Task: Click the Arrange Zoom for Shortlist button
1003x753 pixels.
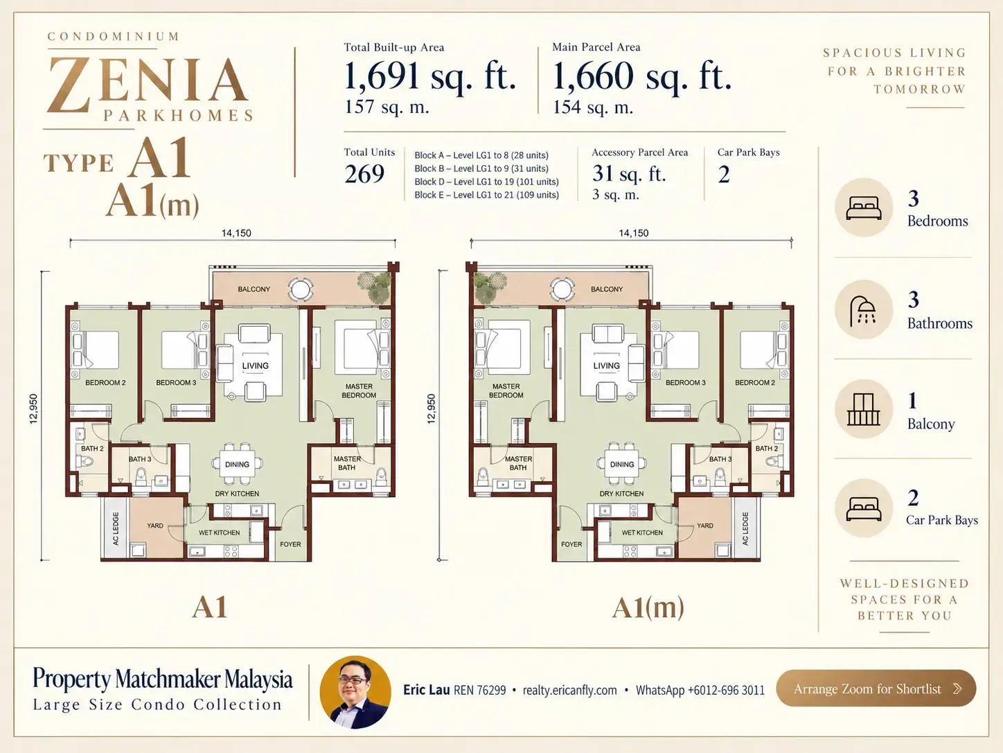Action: click(876, 688)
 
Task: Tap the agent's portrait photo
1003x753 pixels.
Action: click(355, 692)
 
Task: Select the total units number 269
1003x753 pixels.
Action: click(364, 174)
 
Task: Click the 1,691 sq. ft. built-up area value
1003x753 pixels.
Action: click(430, 76)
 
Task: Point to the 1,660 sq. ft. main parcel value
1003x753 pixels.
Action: click(642, 76)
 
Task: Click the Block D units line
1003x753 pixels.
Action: click(486, 182)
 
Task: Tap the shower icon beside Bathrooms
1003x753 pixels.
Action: click(862, 311)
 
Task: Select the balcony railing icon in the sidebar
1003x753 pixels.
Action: click(863, 409)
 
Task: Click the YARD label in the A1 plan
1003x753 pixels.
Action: click(155, 526)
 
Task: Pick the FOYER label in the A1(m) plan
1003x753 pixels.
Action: click(571, 544)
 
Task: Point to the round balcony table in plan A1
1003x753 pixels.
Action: click(301, 289)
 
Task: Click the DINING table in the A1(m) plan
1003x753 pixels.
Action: click(622, 464)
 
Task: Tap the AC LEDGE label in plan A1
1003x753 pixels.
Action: click(115, 528)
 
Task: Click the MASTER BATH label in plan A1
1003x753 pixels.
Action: click(347, 462)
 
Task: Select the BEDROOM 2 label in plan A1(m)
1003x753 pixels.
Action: click(754, 382)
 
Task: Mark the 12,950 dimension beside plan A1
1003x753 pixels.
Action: click(33, 408)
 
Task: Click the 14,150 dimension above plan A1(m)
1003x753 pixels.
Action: click(633, 233)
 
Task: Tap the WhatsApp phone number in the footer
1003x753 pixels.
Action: click(700, 690)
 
